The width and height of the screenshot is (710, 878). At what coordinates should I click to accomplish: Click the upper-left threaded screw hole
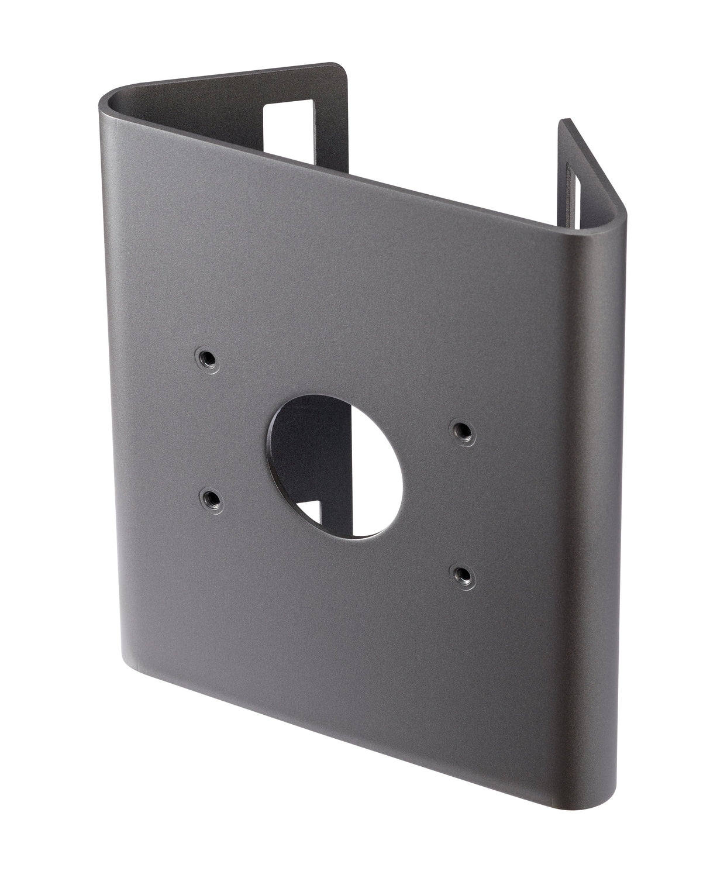coord(206,357)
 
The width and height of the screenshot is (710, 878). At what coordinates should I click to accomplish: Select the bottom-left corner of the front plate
coord(126,658)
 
